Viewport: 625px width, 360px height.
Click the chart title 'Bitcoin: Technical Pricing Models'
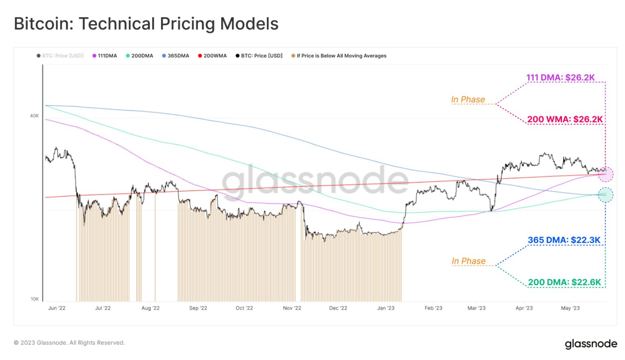tap(146, 24)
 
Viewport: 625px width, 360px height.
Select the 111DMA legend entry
tap(105, 56)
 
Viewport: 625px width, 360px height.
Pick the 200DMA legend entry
tap(140, 56)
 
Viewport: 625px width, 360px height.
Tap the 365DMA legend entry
tap(176, 56)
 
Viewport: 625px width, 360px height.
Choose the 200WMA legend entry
tap(212, 56)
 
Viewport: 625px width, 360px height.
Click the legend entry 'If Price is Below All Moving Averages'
tap(339, 56)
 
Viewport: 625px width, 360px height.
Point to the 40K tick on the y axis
tap(34, 116)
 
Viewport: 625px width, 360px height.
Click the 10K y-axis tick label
tap(35, 299)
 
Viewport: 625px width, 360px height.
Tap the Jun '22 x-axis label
tap(57, 308)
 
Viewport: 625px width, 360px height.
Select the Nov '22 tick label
tap(292, 308)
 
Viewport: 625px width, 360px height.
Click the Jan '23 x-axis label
tap(386, 308)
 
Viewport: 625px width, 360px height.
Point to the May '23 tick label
tap(570, 308)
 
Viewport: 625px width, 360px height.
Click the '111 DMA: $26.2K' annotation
tap(560, 77)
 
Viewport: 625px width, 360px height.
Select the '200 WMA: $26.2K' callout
tap(565, 119)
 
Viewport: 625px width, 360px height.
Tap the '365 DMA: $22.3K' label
tap(564, 240)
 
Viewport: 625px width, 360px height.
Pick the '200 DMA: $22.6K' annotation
tap(564, 282)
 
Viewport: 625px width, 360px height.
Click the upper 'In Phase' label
tap(468, 100)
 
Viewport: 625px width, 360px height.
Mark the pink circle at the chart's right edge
tap(606, 174)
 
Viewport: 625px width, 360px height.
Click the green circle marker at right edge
tap(605, 195)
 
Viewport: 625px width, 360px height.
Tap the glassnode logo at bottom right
tap(591, 344)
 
